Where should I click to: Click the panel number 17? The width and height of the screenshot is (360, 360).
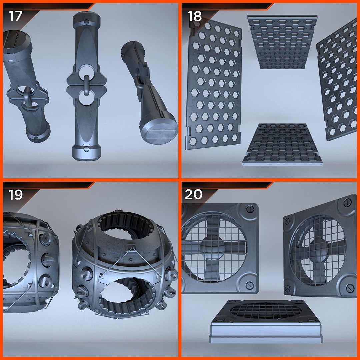click(16, 16)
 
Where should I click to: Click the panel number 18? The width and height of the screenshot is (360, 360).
click(194, 16)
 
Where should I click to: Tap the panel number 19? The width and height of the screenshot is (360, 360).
click(16, 195)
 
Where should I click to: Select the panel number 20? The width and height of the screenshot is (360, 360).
click(193, 195)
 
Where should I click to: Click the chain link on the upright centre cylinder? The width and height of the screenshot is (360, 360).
click(87, 85)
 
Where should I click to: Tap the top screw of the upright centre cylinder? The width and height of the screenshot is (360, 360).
click(86, 22)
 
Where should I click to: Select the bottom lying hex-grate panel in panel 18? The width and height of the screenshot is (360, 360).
click(282, 145)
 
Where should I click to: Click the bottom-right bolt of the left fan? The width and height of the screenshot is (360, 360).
click(249, 285)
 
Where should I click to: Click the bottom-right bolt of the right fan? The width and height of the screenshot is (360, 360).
click(350, 288)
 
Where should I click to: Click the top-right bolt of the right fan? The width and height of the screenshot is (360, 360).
click(347, 203)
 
